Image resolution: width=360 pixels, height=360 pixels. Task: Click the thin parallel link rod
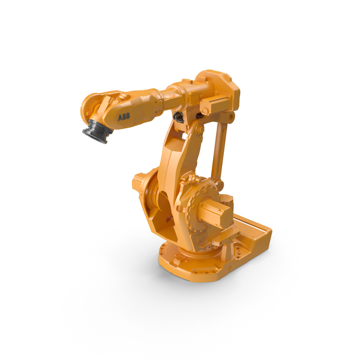pyautogui.click(x=220, y=150)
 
